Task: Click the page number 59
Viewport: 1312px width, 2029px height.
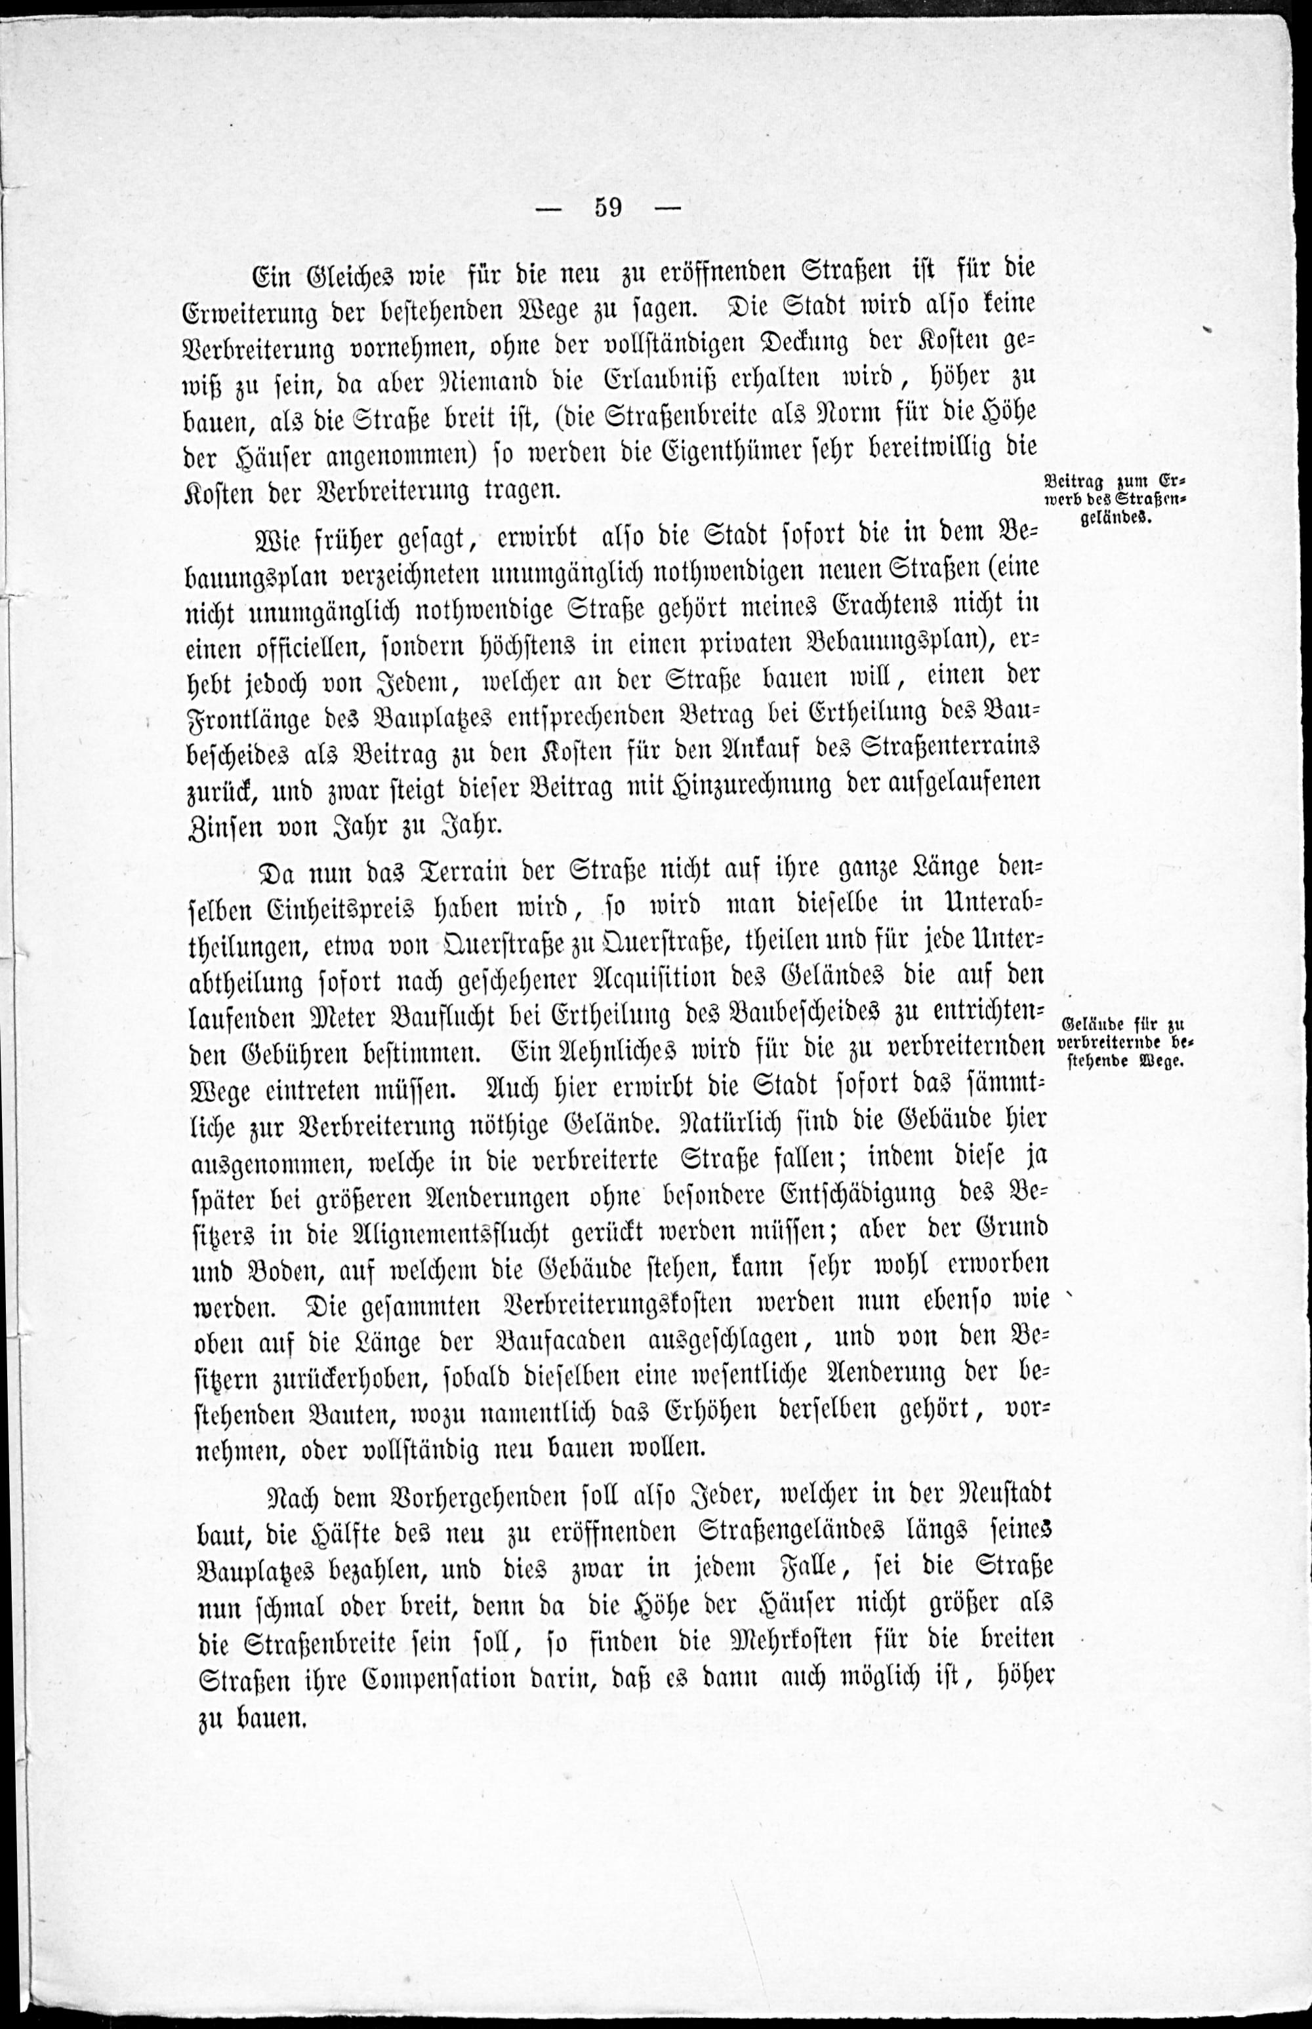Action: tap(608, 207)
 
